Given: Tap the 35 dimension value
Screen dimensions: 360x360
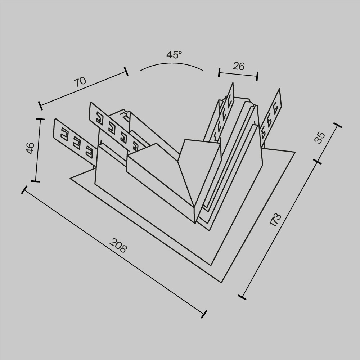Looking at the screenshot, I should [320, 138].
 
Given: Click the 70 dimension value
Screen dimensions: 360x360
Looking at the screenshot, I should [80, 81].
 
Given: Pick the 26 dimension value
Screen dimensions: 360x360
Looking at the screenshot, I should [239, 66].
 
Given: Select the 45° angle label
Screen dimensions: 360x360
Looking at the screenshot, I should [174, 55].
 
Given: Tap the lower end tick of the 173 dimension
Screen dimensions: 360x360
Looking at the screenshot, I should [242, 297].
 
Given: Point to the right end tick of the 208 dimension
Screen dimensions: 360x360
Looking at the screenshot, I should [204, 314].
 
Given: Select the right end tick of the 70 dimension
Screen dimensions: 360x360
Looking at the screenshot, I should [126, 71].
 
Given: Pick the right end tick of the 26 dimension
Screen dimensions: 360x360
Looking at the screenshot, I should [257, 76].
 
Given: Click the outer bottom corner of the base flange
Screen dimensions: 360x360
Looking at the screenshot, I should [220, 282].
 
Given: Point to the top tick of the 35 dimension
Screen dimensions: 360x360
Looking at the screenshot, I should [337, 125].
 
